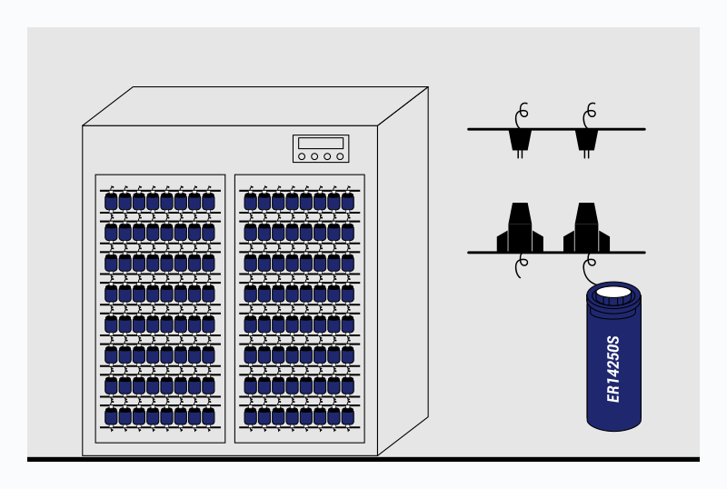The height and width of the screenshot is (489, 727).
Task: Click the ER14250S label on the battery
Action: tap(613, 368)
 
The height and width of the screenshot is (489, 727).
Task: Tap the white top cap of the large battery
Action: tap(614, 294)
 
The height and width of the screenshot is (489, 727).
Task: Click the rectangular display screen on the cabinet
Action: tap(321, 143)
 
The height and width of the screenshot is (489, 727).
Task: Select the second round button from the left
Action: tap(314, 156)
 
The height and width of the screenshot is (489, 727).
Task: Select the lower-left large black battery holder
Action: tap(520, 229)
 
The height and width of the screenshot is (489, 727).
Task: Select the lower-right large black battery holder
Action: tap(587, 229)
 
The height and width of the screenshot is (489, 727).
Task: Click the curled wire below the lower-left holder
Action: tap(521, 266)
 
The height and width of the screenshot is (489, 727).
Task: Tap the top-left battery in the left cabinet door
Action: tap(111, 201)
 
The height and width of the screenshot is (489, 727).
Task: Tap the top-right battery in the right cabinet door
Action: tap(348, 201)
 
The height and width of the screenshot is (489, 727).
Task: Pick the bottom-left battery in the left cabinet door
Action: tap(111, 415)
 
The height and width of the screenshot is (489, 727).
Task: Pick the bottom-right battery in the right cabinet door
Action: tap(348, 415)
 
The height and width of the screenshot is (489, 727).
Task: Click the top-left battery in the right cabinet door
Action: tap(251, 201)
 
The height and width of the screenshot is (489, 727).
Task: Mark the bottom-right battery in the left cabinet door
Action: tap(208, 415)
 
